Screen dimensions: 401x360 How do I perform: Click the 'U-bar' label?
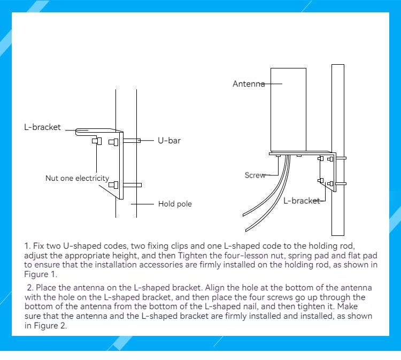click(169, 141)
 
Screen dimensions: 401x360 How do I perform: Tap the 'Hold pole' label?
click(175, 204)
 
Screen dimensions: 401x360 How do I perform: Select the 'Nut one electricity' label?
click(77, 178)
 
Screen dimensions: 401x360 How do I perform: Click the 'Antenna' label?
click(249, 83)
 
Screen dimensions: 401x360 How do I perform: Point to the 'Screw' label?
click(255, 175)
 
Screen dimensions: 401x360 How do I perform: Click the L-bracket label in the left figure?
click(42, 127)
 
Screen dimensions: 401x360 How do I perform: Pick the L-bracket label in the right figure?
click(302, 201)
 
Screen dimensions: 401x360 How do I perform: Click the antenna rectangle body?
click(288, 110)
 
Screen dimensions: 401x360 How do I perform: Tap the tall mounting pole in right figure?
click(338, 150)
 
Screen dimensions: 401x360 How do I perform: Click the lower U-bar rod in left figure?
click(132, 185)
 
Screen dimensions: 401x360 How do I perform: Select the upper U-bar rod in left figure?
click(132, 141)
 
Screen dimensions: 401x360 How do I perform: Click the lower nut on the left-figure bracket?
click(113, 185)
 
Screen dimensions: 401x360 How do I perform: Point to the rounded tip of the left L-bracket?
click(76, 132)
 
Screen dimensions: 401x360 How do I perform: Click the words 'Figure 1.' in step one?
click(41, 274)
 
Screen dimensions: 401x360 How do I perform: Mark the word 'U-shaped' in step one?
click(82, 246)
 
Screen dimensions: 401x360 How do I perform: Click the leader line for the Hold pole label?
click(142, 204)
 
